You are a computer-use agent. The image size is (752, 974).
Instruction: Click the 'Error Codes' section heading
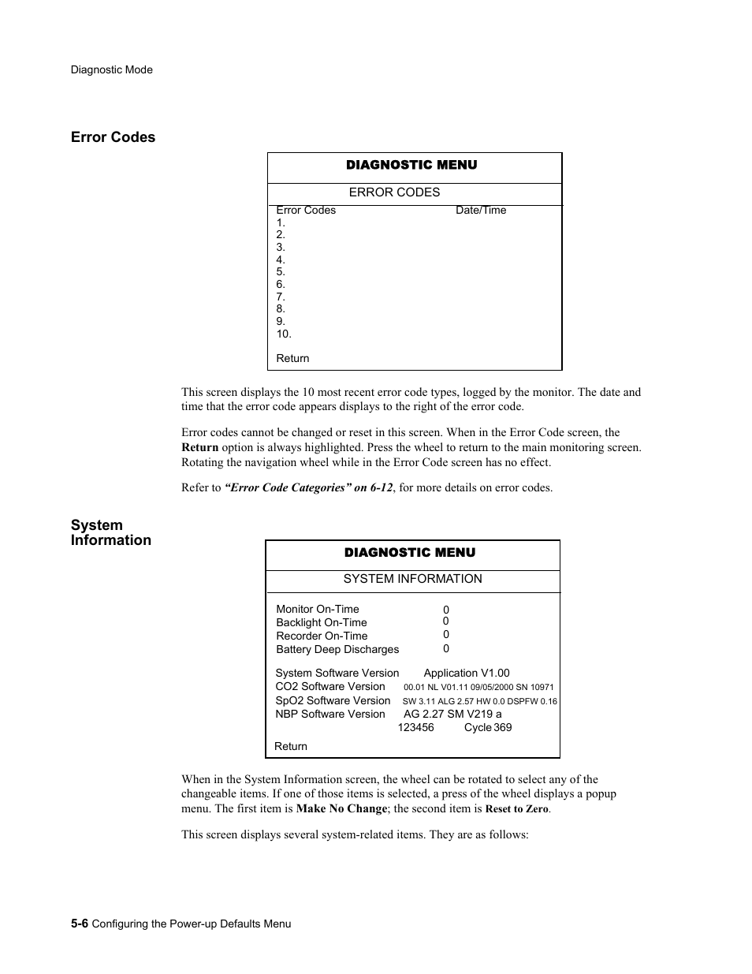[113, 137]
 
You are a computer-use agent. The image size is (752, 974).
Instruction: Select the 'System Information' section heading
[110, 532]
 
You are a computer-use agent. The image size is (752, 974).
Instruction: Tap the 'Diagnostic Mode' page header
[111, 69]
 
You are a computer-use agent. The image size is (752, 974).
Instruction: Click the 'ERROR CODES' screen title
[394, 192]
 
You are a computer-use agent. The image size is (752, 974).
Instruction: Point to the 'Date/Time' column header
[481, 211]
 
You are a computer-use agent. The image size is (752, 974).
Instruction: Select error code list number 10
[284, 334]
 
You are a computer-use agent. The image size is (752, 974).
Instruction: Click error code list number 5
[281, 272]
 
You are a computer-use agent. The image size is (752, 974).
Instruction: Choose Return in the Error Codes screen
[292, 358]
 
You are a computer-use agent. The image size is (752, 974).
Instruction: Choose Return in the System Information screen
[291, 746]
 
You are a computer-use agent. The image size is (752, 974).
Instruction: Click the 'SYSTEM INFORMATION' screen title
[412, 579]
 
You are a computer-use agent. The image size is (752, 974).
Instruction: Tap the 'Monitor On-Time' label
[317, 609]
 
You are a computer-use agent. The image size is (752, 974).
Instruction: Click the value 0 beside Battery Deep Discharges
[446, 648]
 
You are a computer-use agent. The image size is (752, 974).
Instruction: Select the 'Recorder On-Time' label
[322, 636]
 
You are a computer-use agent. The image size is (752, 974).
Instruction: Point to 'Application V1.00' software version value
[467, 673]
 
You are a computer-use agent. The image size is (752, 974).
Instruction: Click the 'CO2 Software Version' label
[330, 686]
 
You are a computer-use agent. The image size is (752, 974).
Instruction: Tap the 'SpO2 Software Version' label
[333, 700]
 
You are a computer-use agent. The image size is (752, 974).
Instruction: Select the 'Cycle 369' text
[488, 727]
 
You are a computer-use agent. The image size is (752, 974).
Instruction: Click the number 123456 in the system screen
[415, 727]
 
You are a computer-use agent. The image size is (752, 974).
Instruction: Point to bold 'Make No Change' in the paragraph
[341, 808]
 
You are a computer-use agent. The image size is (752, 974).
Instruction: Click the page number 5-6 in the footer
[79, 924]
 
